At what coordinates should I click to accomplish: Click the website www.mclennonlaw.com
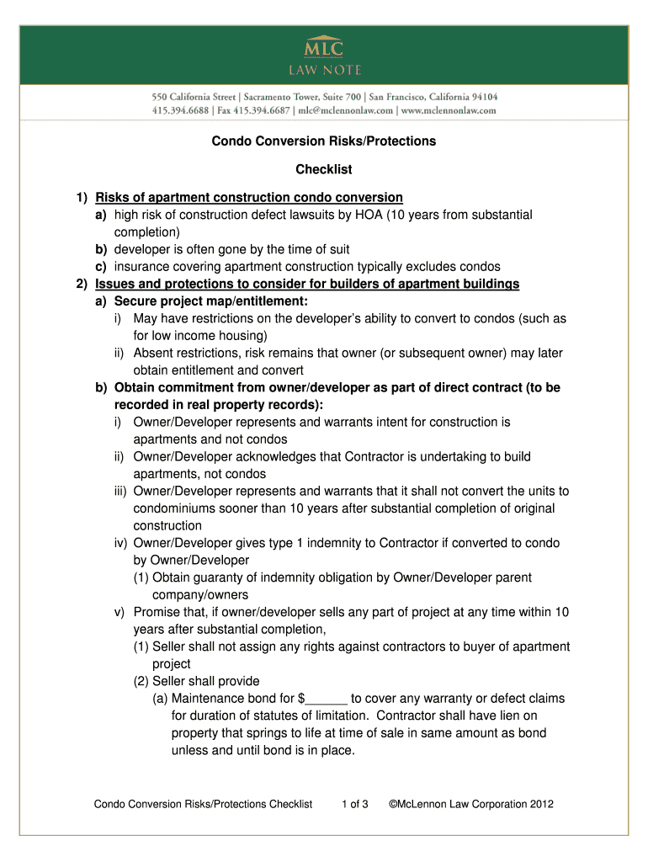coord(449,109)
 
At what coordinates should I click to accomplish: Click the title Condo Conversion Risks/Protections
coord(323,141)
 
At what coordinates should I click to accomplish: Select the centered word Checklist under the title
coord(323,170)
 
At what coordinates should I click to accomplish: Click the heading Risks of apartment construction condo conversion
coord(249,198)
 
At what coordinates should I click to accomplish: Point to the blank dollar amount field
coord(328,699)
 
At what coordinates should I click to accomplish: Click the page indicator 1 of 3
coord(354,804)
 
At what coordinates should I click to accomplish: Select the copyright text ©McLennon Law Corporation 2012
coord(470,804)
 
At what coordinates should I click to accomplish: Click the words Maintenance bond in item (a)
coord(222,699)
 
